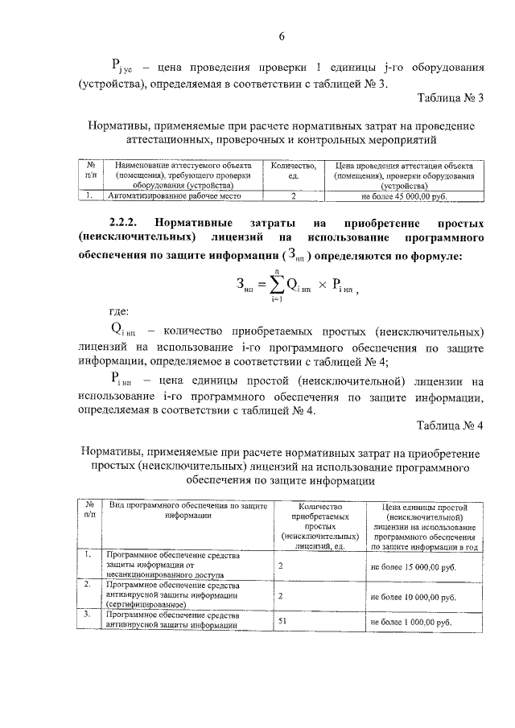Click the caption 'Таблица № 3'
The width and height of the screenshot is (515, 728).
coord(451,99)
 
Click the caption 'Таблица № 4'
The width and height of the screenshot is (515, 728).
coord(450,425)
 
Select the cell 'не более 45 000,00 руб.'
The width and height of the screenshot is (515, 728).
coord(414,195)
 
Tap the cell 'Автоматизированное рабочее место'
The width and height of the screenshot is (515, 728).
coord(175,195)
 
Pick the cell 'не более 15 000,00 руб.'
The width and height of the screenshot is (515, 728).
coord(414,566)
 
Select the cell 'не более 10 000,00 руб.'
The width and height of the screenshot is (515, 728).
coord(414,598)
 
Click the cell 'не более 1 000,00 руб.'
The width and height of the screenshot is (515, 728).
coord(411,623)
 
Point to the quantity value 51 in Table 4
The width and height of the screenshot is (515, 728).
coord(282,621)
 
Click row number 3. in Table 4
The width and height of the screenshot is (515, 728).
coord(87,615)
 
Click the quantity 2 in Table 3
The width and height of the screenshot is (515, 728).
coord(294,195)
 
